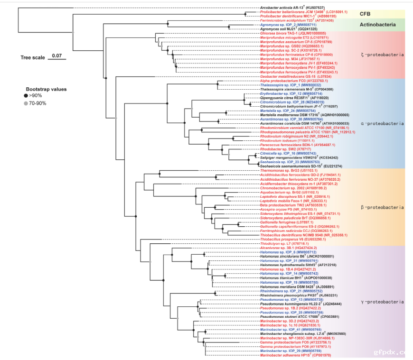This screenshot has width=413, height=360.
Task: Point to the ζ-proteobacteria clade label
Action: coord(382,55)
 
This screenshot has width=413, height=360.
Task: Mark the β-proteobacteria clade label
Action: coord(382,207)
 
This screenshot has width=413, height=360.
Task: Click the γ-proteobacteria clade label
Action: coord(382,302)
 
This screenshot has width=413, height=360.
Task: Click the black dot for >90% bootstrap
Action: coord(26,96)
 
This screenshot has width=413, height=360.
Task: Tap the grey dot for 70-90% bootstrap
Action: coord(26,103)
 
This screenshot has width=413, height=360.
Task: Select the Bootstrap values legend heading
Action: coord(46,89)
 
